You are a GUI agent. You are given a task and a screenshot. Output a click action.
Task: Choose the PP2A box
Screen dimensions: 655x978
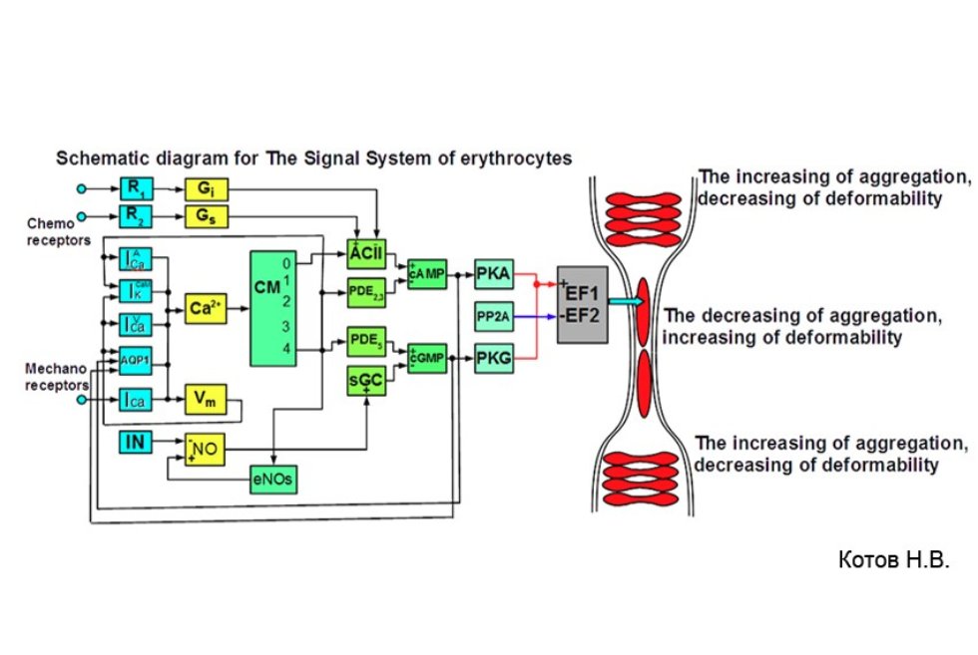tap(494, 315)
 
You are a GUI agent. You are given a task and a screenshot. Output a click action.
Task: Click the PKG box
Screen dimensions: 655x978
tap(494, 357)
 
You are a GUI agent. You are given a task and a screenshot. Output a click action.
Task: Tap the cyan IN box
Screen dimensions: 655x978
tap(134, 441)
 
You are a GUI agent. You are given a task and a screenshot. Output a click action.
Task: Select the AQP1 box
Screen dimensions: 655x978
tap(133, 360)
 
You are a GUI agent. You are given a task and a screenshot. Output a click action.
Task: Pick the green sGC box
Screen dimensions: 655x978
tap(365, 380)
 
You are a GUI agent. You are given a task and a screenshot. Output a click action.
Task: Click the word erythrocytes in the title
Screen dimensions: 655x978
tap(518, 158)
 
